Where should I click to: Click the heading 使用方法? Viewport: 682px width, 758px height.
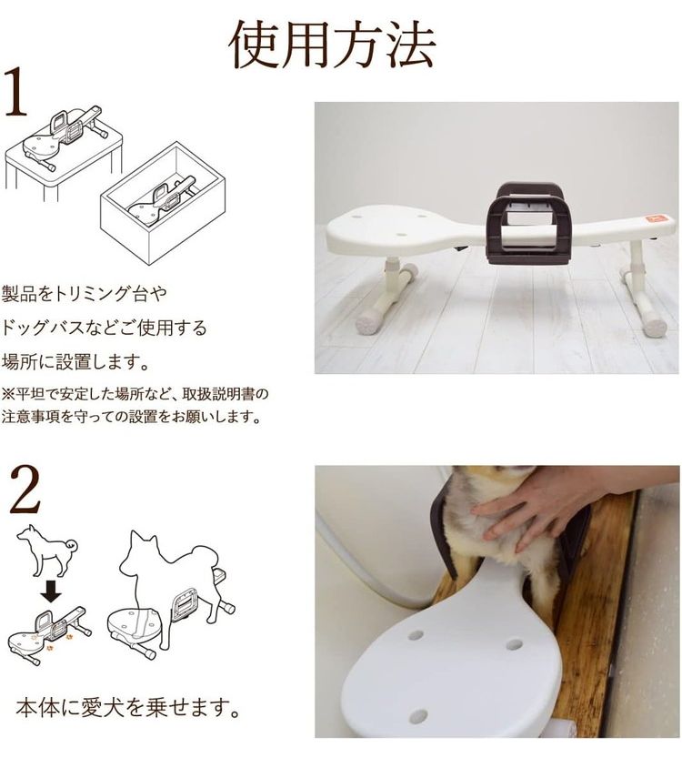point(332,45)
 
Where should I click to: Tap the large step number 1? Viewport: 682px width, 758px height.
point(16,91)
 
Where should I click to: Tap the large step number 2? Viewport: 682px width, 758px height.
point(25,490)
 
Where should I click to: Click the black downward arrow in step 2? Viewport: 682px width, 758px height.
point(51,591)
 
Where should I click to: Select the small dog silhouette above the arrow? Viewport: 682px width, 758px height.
point(47,551)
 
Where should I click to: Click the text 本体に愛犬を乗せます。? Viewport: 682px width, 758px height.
point(128,708)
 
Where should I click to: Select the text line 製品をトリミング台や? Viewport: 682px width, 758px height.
point(84,293)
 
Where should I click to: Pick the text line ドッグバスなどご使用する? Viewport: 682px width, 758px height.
point(104,328)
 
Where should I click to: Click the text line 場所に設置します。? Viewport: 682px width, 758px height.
point(75,361)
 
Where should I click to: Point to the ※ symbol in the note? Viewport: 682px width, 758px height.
point(8,394)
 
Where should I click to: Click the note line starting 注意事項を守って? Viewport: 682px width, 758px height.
point(131,416)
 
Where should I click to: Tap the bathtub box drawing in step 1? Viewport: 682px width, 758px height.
point(163,202)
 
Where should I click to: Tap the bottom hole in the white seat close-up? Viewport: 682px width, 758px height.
point(418,715)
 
